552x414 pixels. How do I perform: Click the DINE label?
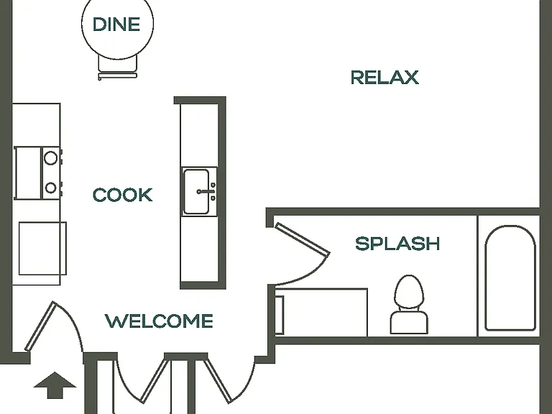click(x=116, y=24)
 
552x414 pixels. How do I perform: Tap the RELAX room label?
click(x=385, y=78)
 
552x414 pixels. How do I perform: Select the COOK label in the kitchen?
click(x=122, y=195)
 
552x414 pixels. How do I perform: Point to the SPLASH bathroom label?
click(x=397, y=244)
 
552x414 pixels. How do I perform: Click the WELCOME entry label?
click(x=159, y=321)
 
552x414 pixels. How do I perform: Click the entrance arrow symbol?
click(x=55, y=385)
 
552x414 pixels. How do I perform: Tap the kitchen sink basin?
click(x=196, y=191)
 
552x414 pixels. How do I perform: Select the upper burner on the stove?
click(x=51, y=158)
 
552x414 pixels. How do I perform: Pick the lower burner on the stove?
click(x=51, y=188)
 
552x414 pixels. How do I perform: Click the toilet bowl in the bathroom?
click(x=409, y=293)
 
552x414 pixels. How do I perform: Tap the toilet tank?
click(x=409, y=322)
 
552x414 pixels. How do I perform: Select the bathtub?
click(x=510, y=278)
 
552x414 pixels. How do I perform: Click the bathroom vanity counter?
click(x=321, y=313)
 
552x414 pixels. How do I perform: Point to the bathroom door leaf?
click(x=303, y=239)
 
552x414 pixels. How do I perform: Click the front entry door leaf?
click(x=40, y=326)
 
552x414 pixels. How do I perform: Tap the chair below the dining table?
click(x=117, y=67)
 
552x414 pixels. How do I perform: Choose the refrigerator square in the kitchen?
click(x=42, y=248)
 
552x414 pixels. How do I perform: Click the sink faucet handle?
click(x=206, y=191)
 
